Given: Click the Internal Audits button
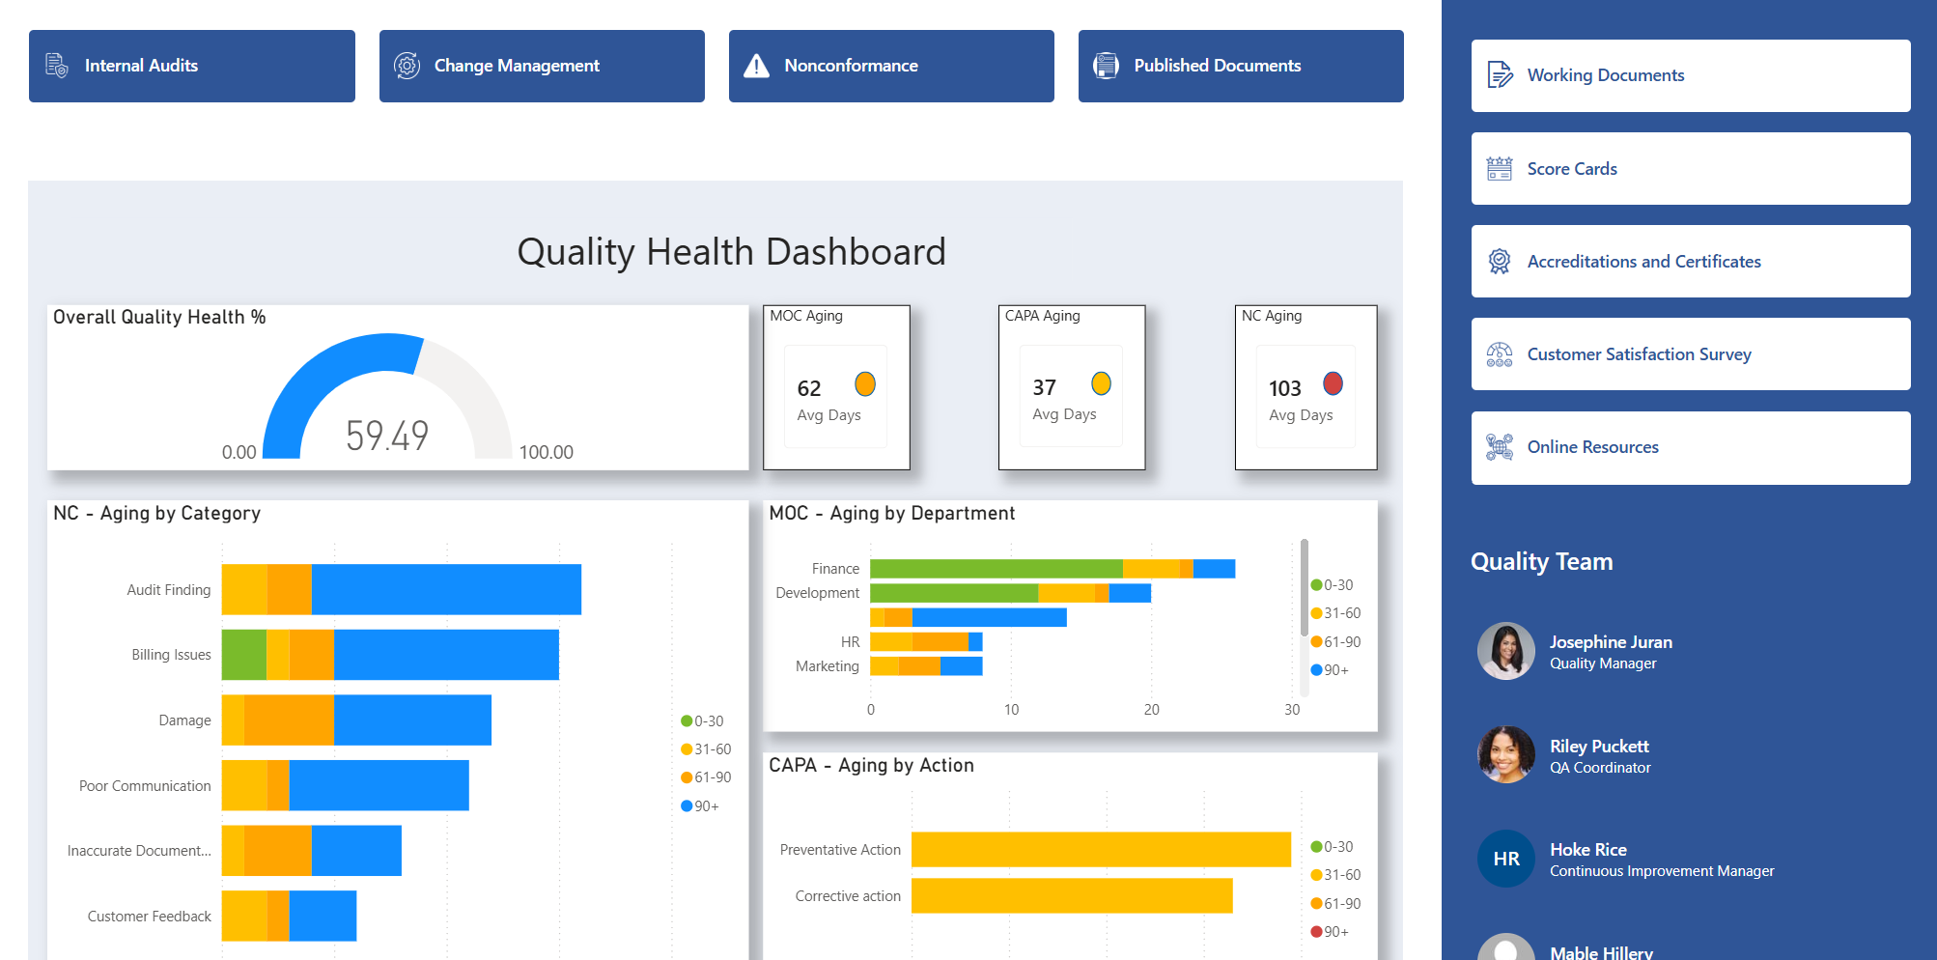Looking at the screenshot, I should [191, 66].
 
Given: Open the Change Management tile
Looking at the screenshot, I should [541, 66].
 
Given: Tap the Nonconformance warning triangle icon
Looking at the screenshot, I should [756, 66].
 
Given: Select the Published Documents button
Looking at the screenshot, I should [1240, 66].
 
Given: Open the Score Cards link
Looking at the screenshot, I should [1690, 169].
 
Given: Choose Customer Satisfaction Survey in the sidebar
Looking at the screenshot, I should [1690, 354].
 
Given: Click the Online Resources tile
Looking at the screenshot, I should [1690, 447].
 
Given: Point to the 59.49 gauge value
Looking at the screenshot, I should [387, 436].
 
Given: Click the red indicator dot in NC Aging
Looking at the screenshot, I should [1333, 383].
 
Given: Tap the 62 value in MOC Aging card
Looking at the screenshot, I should [809, 388].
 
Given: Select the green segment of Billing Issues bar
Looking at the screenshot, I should [243, 655].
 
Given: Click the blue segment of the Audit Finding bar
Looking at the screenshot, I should [446, 589].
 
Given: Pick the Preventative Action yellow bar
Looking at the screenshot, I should [1101, 850].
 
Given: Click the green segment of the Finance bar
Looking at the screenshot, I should [996, 569].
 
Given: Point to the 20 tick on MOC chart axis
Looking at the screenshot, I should [1151, 710].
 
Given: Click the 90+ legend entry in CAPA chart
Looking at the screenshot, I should [1331, 932].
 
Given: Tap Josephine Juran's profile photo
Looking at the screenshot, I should [1505, 651].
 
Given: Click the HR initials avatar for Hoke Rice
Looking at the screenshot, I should [1505, 859].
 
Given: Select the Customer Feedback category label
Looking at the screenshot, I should [149, 917].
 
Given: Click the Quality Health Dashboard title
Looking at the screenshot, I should [731, 252].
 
